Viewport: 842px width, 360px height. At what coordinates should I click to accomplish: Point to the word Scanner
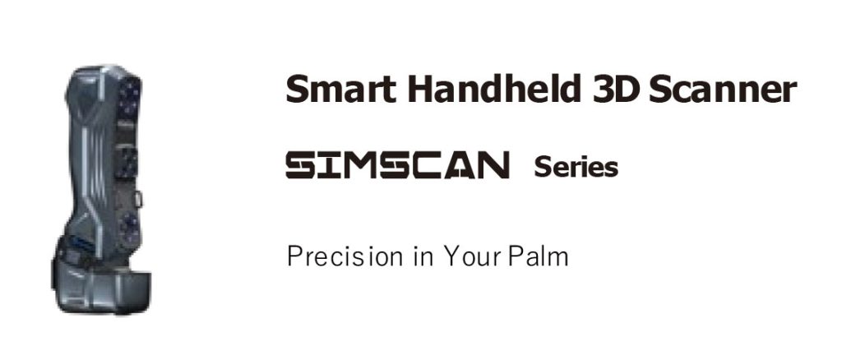tap(722, 90)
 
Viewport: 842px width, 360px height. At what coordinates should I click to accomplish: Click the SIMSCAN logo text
tap(397, 164)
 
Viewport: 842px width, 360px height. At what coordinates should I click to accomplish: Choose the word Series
tap(576, 167)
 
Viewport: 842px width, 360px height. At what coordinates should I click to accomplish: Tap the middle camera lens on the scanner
tap(128, 163)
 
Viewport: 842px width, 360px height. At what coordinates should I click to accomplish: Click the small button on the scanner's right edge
tap(138, 199)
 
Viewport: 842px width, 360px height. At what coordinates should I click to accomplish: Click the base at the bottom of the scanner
tap(102, 288)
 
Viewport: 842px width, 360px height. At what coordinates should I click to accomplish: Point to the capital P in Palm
tap(516, 256)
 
